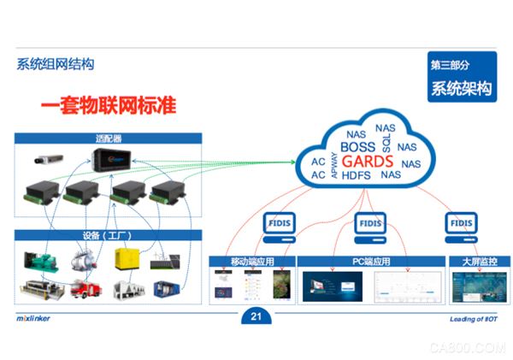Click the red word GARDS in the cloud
[365, 162]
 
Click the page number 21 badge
[254, 318]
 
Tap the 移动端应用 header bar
[251, 261]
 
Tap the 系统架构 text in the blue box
[461, 87]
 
